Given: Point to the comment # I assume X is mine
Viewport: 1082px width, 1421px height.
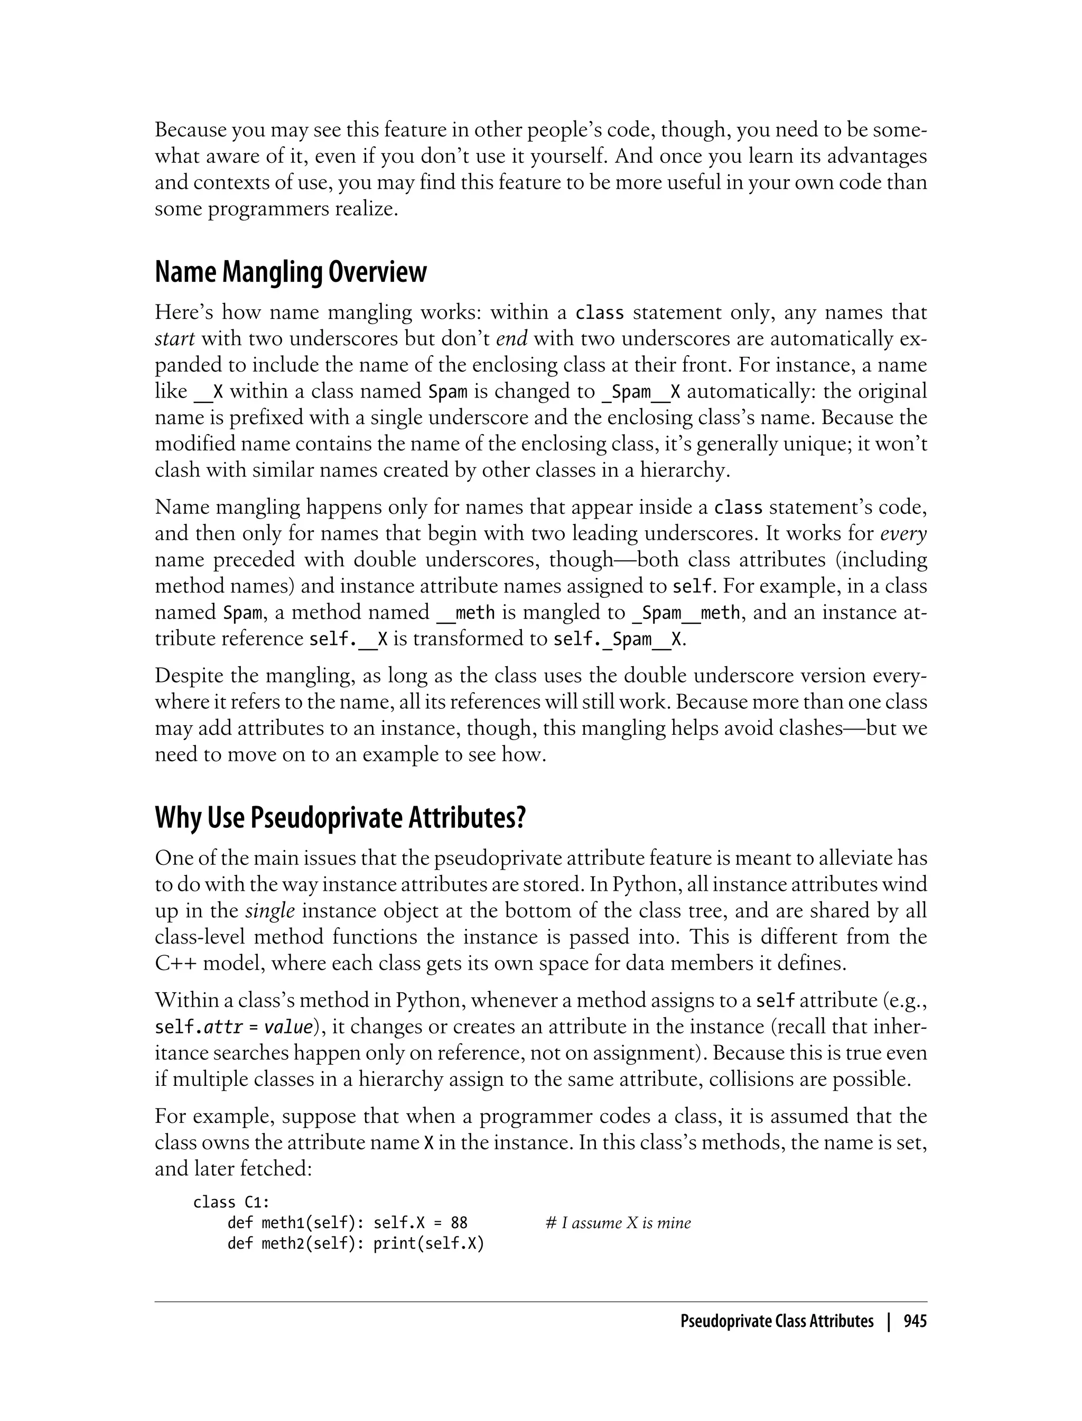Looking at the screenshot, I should click(618, 1223).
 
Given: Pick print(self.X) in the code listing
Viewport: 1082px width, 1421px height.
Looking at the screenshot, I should click(428, 1243).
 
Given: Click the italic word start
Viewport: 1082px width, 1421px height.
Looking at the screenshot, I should click(174, 339).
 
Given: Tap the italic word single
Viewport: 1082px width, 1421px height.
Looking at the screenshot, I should click(270, 911).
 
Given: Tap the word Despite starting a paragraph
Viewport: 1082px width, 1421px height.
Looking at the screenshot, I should click(187, 676).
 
